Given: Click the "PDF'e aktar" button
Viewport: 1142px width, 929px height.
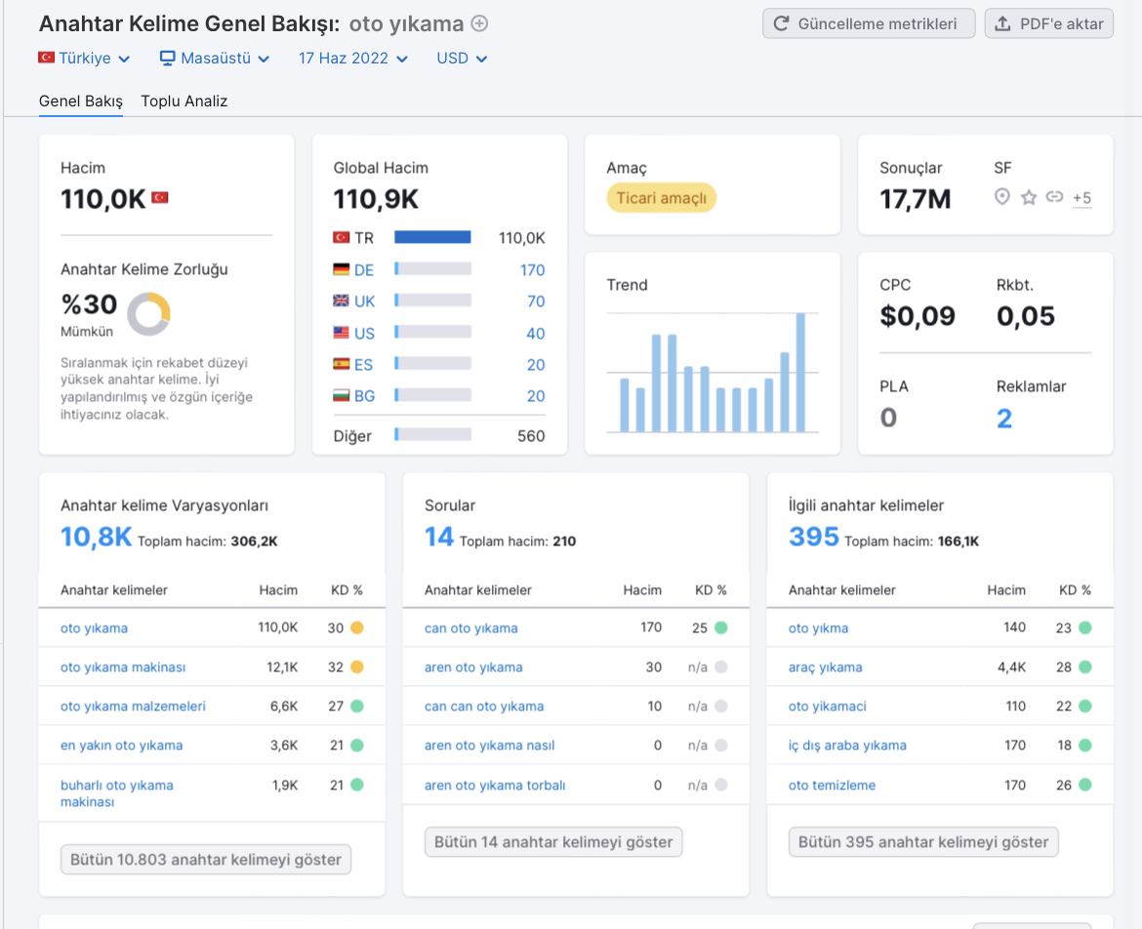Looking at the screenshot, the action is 1048,24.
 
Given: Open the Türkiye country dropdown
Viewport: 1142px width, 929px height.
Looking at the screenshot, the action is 85,59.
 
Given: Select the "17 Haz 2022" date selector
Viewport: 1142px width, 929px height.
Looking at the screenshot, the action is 352,59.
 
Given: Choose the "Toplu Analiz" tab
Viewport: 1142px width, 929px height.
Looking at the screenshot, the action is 184,101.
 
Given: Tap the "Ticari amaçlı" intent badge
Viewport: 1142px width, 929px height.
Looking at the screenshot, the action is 662,198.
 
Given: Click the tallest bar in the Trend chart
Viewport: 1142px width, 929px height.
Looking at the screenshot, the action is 800,372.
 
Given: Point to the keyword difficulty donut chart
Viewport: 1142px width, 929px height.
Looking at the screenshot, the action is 148,314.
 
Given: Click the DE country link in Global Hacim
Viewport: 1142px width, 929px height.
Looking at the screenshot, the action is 363,270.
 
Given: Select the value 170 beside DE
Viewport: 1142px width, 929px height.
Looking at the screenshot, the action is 532,270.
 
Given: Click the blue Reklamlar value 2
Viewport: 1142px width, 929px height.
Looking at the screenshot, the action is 1004,419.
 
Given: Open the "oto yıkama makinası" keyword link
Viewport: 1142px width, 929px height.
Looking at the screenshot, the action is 123,667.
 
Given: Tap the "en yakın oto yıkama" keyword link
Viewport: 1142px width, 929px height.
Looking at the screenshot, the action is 122,746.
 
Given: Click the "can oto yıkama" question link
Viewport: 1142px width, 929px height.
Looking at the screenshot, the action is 471,628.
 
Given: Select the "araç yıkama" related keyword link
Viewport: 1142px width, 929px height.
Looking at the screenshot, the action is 825,667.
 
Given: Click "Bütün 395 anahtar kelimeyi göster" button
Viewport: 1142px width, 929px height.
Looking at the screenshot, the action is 923,842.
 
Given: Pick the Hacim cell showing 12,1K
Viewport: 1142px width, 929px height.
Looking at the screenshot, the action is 282,666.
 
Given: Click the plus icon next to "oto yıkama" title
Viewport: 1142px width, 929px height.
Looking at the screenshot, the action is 479,24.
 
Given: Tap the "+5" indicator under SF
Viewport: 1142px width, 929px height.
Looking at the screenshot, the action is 1081,198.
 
